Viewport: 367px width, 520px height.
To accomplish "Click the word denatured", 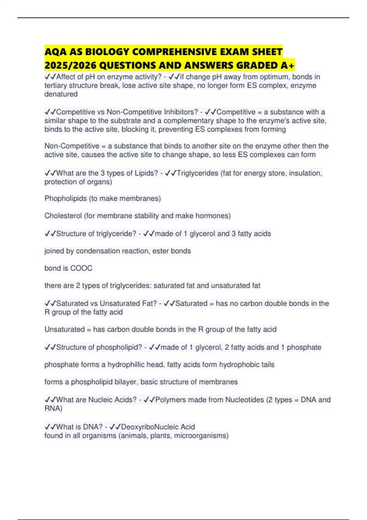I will point(61,94).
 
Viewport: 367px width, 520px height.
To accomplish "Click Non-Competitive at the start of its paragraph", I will point(72,146).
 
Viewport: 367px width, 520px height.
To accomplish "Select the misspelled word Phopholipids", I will point(65,199).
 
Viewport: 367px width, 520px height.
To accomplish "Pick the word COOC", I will point(81,268).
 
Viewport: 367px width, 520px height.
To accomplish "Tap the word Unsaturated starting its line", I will point(65,329).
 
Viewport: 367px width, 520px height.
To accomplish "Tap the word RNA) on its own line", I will point(53,409).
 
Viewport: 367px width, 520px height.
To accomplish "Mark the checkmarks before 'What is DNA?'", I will point(50,427).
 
